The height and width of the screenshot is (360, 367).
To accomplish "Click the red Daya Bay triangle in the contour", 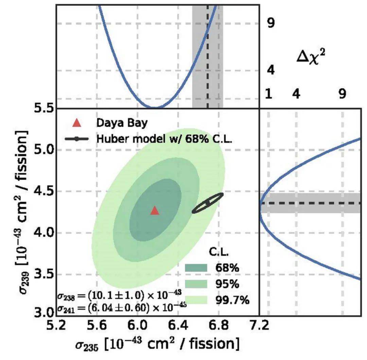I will tap(155, 211).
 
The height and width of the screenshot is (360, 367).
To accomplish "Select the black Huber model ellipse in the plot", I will tap(208, 203).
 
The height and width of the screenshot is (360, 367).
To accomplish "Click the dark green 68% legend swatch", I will tap(196, 268).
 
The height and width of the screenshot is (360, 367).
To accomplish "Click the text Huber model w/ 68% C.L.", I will tap(164, 139).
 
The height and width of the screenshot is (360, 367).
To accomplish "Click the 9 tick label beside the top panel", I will tap(271, 23).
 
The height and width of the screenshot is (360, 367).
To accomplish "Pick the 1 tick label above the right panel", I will tap(268, 94).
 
